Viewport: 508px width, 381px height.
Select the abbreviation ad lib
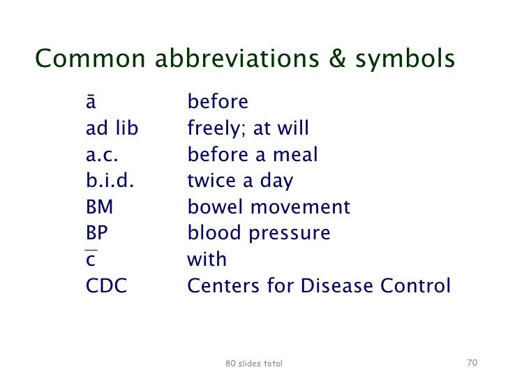tap(112, 129)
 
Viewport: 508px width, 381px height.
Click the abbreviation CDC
tap(106, 286)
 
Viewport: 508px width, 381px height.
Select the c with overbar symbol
tap(91, 259)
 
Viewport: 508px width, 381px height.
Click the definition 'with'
tap(207, 260)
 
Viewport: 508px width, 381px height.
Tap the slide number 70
tap(471, 363)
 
